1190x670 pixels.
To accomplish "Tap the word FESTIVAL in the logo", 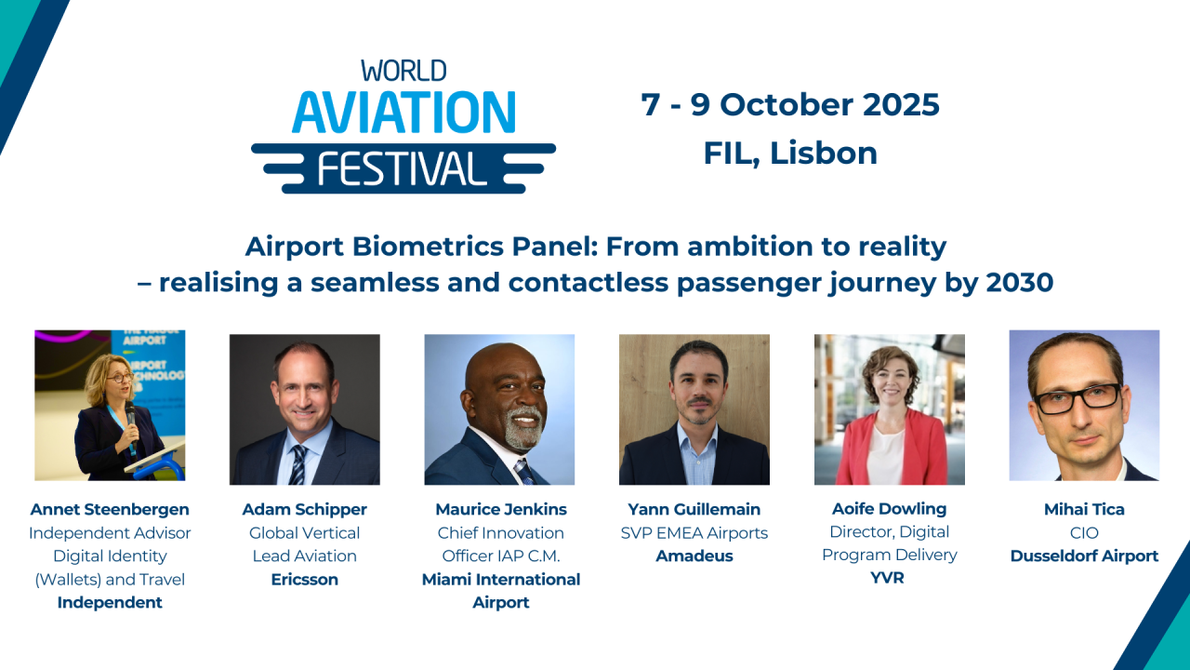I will point(403,168).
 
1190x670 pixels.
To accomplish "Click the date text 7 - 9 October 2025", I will point(790,104).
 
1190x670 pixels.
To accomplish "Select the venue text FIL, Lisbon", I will point(790,153).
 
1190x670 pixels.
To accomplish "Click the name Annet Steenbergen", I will point(110,509).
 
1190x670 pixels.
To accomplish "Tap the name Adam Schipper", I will point(305,509).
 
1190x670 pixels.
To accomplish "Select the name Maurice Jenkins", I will point(501,509).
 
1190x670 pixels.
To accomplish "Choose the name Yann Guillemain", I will point(694,509).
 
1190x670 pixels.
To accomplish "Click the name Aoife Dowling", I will point(890,509).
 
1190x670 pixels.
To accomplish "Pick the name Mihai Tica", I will point(1084,509).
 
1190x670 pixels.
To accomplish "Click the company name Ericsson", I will point(305,579).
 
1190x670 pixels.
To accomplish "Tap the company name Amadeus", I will point(694,556).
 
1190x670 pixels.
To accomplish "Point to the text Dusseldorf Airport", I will point(1084,556).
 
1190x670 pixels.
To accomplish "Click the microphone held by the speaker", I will point(129,413).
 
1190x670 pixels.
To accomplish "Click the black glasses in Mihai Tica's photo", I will point(1078,397).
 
